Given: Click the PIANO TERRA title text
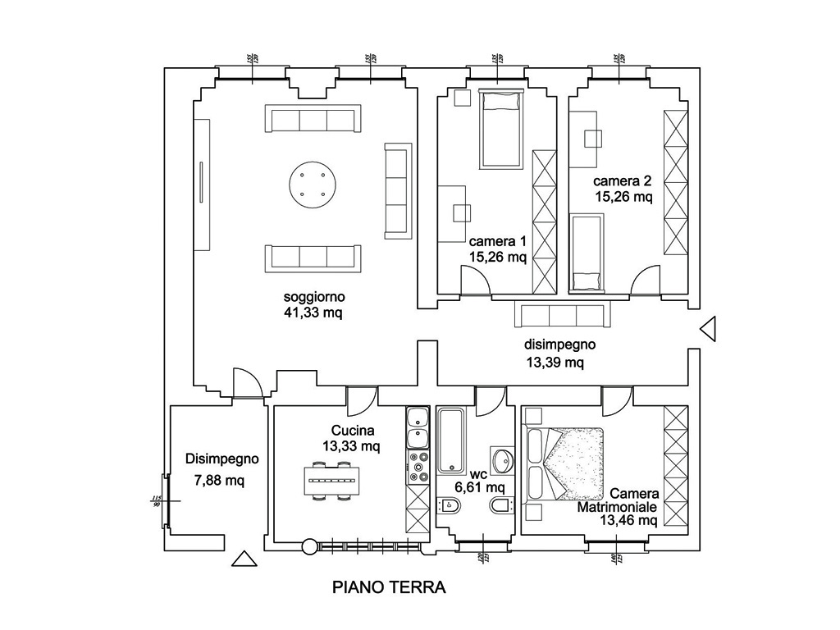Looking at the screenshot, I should point(389,587).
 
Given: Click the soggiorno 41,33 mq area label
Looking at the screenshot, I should point(313,304).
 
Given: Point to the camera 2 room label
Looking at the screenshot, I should point(623,181).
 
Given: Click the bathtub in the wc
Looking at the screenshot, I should point(452,441).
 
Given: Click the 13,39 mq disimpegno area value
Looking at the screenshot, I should point(555,362).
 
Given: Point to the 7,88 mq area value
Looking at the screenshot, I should point(219,480).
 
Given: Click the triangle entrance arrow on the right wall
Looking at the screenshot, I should point(709,327).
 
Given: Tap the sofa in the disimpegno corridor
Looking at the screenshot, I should point(562,316).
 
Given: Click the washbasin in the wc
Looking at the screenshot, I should point(502,459).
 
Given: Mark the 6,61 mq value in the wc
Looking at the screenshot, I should point(480,487).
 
